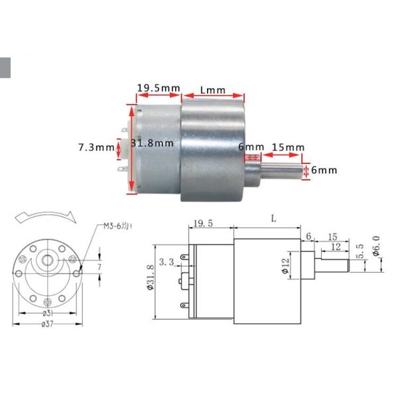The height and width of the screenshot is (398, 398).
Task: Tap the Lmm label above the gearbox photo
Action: tap(212, 90)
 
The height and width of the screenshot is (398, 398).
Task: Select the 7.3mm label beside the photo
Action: tap(96, 147)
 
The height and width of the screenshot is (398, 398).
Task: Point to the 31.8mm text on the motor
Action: tap(153, 143)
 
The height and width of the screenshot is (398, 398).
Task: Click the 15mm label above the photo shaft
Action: tap(288, 147)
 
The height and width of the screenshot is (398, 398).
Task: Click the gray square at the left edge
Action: tap(5, 68)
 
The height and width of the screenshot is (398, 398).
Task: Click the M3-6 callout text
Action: tap(117, 226)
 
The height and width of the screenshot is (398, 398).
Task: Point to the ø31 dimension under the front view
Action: tap(48, 312)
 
